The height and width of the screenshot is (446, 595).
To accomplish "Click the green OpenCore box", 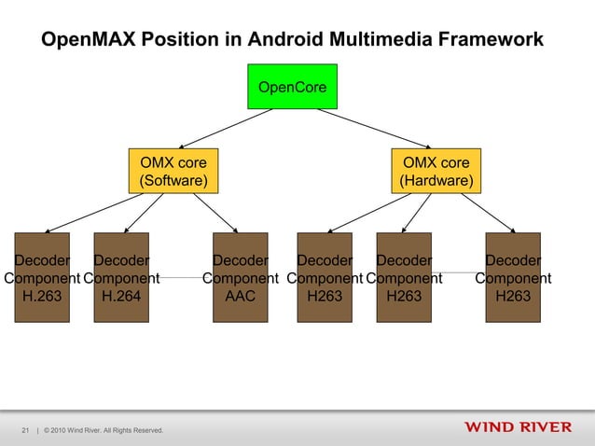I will (x=292, y=87).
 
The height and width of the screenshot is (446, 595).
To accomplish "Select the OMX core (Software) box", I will (x=173, y=171).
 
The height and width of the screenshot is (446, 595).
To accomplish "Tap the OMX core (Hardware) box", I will (x=436, y=171).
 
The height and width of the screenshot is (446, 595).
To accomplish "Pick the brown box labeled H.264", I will (x=121, y=277).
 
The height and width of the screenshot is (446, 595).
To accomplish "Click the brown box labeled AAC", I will (x=240, y=277).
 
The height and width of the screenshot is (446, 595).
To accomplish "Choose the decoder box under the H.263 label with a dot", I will (x=41, y=277).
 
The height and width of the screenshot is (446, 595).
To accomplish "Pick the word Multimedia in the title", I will (x=383, y=40).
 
